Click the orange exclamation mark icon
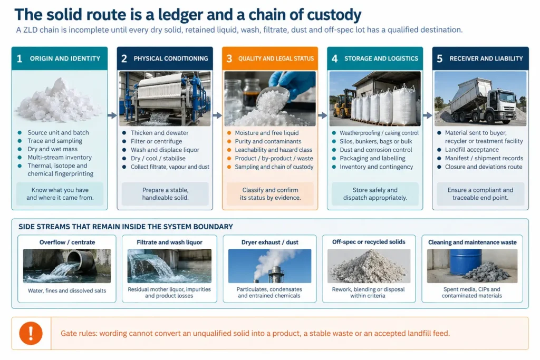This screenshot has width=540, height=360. pyautogui.click(x=31, y=333)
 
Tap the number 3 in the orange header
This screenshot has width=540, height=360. pyautogui.click(x=229, y=59)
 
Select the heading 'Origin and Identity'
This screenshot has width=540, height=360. pyautogui.click(x=65, y=59)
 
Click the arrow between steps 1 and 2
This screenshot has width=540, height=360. pyautogui.click(x=112, y=115)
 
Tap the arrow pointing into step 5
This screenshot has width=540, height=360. pyautogui.click(x=427, y=115)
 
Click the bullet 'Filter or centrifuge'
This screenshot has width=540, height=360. pyautogui.click(x=156, y=141)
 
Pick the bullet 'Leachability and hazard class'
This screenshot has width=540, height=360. pyautogui.click(x=274, y=150)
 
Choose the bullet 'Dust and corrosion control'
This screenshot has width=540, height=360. pyautogui.click(x=375, y=150)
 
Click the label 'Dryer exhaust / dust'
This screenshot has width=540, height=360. pyautogui.click(x=269, y=242)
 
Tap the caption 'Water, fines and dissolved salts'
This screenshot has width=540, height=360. pyautogui.click(x=67, y=290)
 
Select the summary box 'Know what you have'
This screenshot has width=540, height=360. pyautogui.click(x=60, y=194)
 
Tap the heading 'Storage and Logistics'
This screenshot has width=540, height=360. pyautogui.click(x=381, y=59)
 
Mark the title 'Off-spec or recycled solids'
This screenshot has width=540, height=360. pyautogui.click(x=369, y=242)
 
